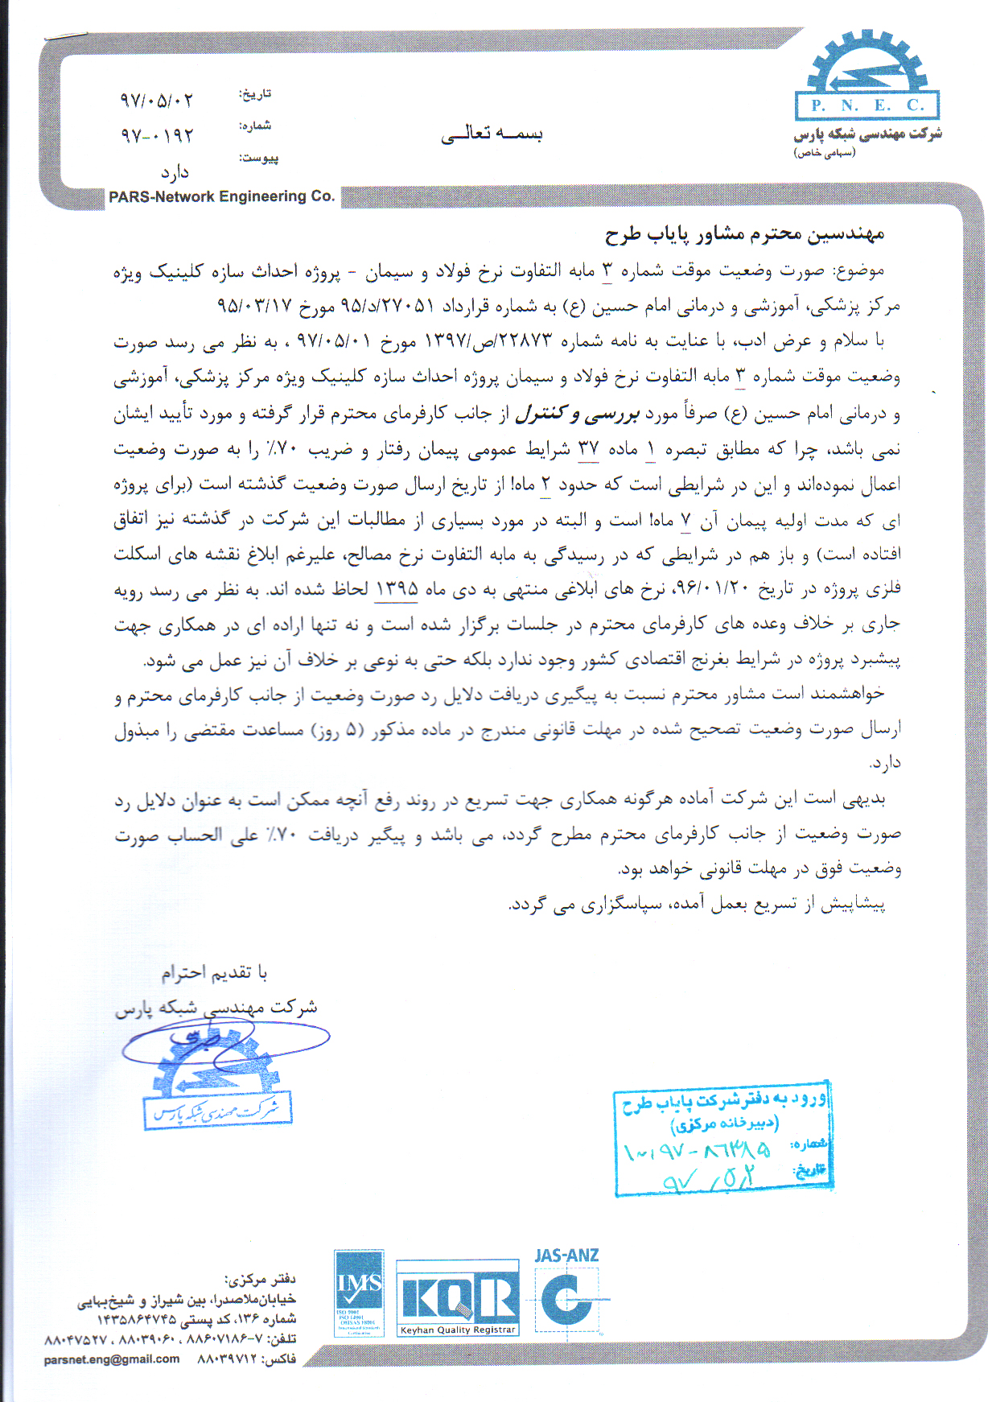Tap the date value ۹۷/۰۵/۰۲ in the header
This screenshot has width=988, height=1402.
pos(157,101)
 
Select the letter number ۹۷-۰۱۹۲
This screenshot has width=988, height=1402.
pos(157,135)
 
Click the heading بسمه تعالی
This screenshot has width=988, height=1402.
pos(492,133)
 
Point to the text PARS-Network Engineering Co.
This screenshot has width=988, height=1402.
pos(221,196)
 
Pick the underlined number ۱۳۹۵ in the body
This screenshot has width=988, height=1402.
pos(396,589)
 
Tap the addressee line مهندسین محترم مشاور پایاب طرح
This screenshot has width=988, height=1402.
pos(744,234)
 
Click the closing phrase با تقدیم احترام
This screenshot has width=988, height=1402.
pos(214,973)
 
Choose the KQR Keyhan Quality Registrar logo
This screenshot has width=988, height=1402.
pos(458,1299)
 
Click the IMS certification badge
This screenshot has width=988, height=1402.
pos(359,1293)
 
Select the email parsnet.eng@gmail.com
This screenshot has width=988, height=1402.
pos(112,1359)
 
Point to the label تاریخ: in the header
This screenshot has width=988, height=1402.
pos(255,94)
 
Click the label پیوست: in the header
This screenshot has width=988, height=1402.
pos(258,159)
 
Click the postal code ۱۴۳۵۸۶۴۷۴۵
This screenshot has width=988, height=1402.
pos(136,1320)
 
